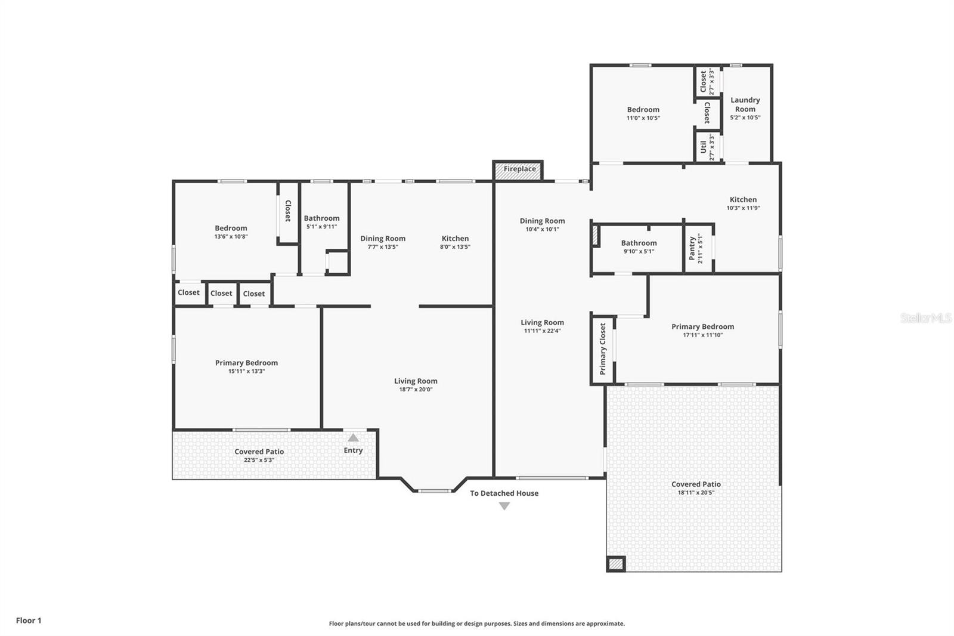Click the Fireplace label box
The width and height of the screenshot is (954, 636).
519,169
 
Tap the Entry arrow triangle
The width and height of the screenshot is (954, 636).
353,438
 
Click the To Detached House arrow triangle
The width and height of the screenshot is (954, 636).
504,506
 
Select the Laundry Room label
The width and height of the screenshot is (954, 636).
745,104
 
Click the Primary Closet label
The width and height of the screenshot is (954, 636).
602,348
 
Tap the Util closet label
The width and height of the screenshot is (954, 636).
704,147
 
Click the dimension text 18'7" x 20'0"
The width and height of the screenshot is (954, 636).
416,390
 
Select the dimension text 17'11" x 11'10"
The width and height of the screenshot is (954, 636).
702,335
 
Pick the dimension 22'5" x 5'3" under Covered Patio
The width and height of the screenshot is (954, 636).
259,460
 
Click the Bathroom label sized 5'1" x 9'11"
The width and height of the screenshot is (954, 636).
321,218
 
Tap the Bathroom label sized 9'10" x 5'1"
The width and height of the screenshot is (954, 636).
639,243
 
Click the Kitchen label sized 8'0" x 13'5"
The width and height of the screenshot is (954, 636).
455,238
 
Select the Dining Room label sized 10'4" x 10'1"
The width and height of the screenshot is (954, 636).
542,221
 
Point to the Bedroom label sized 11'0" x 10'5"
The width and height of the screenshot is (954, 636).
643,110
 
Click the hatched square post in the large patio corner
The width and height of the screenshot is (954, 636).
616,563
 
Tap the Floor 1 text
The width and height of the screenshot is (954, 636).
29,620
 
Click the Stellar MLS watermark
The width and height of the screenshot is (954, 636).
925,318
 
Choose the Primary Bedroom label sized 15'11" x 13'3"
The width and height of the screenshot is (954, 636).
246,363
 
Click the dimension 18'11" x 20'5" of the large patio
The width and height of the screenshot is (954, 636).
696,493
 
